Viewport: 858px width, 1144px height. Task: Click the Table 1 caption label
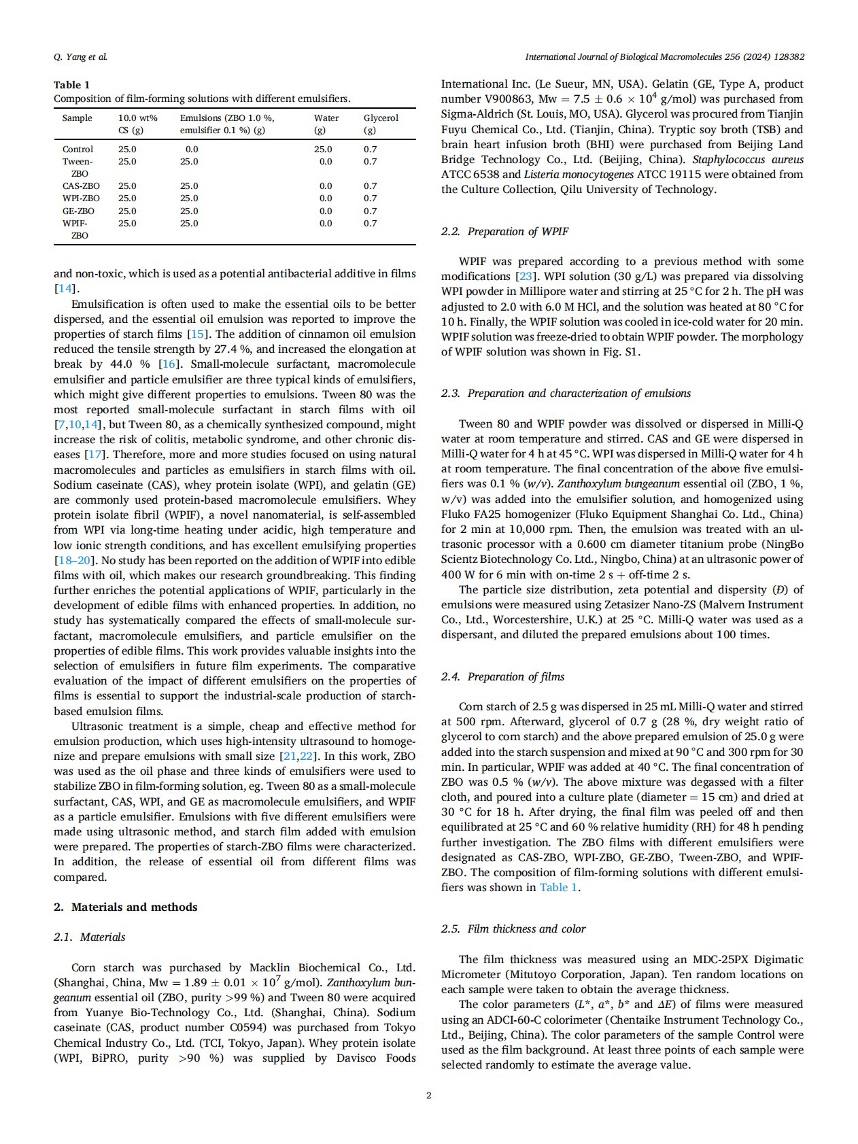coord(71,85)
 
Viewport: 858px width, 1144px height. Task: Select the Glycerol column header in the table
coord(381,118)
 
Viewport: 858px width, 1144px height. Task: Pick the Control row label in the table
coord(78,149)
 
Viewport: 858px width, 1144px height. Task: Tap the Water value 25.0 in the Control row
coord(323,149)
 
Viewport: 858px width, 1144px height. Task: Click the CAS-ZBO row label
coord(81,186)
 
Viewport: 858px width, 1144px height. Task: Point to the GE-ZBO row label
coord(78,211)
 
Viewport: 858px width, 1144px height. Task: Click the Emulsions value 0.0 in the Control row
coord(192,149)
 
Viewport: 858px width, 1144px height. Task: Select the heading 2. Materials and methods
coord(126,907)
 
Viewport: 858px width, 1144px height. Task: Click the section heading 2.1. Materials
coord(90,937)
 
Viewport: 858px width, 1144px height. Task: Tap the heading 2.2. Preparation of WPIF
coord(504,231)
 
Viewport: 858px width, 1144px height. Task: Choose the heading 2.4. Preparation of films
coord(502,676)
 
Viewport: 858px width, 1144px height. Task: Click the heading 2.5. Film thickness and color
coord(513,929)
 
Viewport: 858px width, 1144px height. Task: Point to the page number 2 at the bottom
coord(429,1095)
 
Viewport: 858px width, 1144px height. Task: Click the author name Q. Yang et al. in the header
coord(80,57)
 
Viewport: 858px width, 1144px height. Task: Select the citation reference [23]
coord(525,277)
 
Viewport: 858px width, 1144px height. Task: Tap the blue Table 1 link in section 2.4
coord(558,887)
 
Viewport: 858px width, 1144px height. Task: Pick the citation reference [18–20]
coord(75,560)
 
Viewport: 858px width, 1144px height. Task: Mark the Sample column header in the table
coord(77,118)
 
